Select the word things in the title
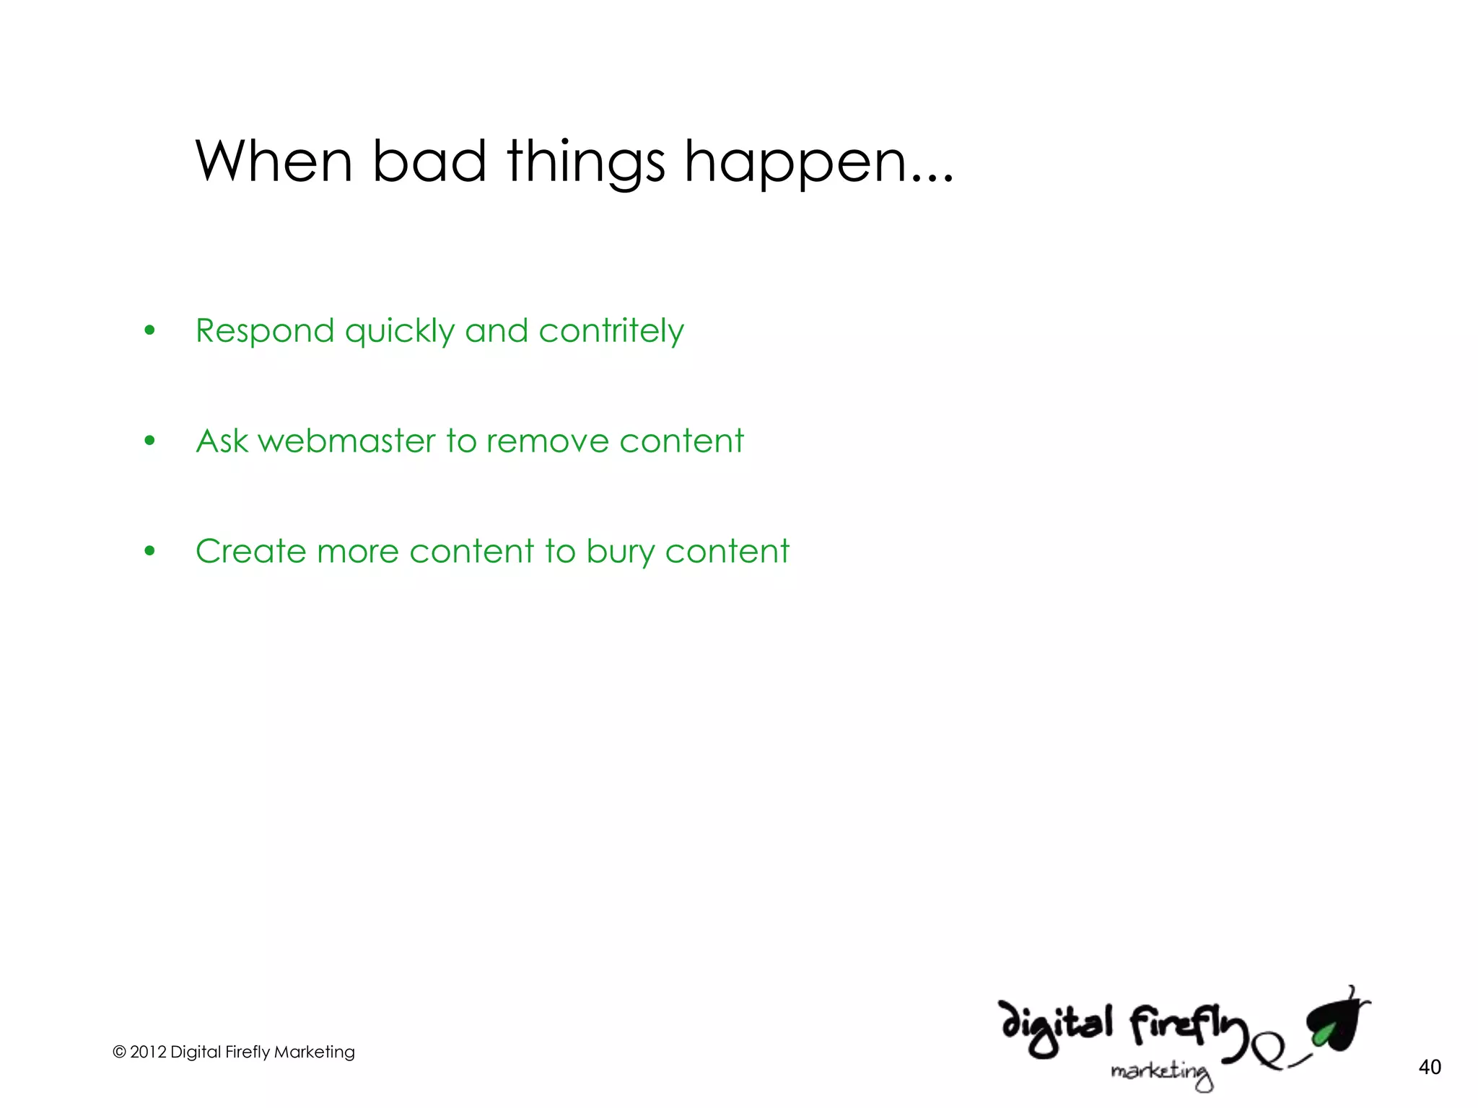pos(585,164)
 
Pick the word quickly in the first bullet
pos(399,332)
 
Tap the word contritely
pos(611,332)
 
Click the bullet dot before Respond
pos(149,331)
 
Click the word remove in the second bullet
pos(547,441)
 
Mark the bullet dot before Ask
pos(149,441)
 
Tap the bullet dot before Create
pos(149,551)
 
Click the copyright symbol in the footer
pos(119,1052)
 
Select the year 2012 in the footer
pos(148,1052)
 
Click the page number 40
pos(1430,1067)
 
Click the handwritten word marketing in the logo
pos(1161,1073)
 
